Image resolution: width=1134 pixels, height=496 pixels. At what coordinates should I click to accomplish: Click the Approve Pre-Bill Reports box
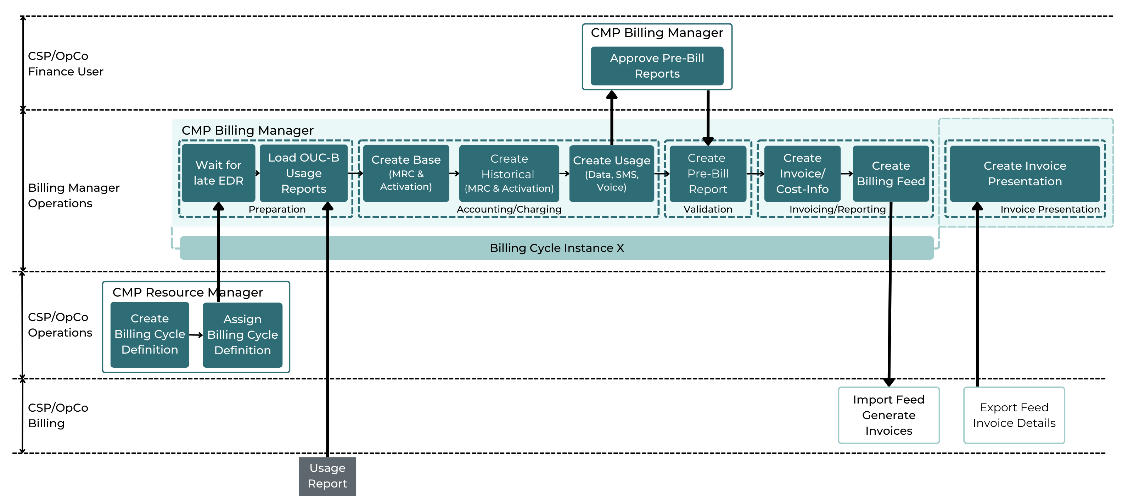point(657,66)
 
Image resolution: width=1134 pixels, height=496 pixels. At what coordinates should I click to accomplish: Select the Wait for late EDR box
point(218,173)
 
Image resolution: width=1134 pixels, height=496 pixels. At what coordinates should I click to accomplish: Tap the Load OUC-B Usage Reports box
point(303,173)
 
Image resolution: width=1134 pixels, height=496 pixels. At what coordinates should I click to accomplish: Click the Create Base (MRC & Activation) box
point(406,173)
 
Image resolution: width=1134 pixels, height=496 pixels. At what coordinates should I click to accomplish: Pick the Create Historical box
point(509,173)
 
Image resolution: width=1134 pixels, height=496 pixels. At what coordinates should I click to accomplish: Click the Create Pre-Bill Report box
point(707,173)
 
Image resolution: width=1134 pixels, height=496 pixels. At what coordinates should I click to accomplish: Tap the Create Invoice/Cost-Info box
point(802,173)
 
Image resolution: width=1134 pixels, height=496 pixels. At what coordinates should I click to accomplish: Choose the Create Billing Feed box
point(891,173)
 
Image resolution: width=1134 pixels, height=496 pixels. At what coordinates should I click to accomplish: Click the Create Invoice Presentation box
point(1025,173)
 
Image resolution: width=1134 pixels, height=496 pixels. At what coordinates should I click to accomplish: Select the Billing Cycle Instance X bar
point(556,248)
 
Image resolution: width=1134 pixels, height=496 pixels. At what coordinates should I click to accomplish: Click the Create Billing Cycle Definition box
point(150,334)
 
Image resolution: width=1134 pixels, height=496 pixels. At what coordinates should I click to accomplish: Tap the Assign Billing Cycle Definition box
point(242,335)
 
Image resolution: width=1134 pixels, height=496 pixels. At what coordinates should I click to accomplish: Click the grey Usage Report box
point(327,476)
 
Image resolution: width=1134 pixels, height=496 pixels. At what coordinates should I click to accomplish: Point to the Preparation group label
point(277,209)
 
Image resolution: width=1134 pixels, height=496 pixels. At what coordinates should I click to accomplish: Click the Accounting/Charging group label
point(509,209)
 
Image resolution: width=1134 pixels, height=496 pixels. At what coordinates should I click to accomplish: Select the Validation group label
point(707,209)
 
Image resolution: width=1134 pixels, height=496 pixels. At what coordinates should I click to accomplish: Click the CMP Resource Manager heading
point(187,293)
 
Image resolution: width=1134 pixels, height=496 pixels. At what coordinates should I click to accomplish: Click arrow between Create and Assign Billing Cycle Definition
point(196,335)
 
